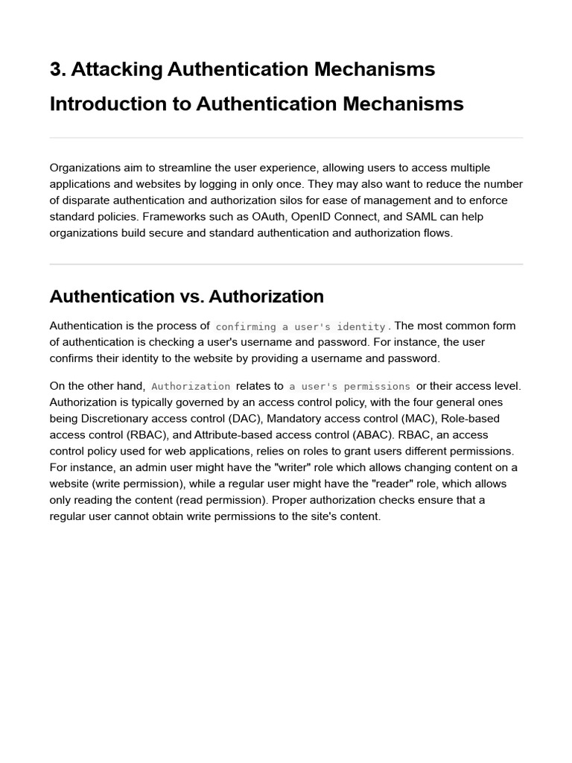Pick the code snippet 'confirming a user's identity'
(300, 326)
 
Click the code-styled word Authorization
(191, 387)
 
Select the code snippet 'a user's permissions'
(349, 387)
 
